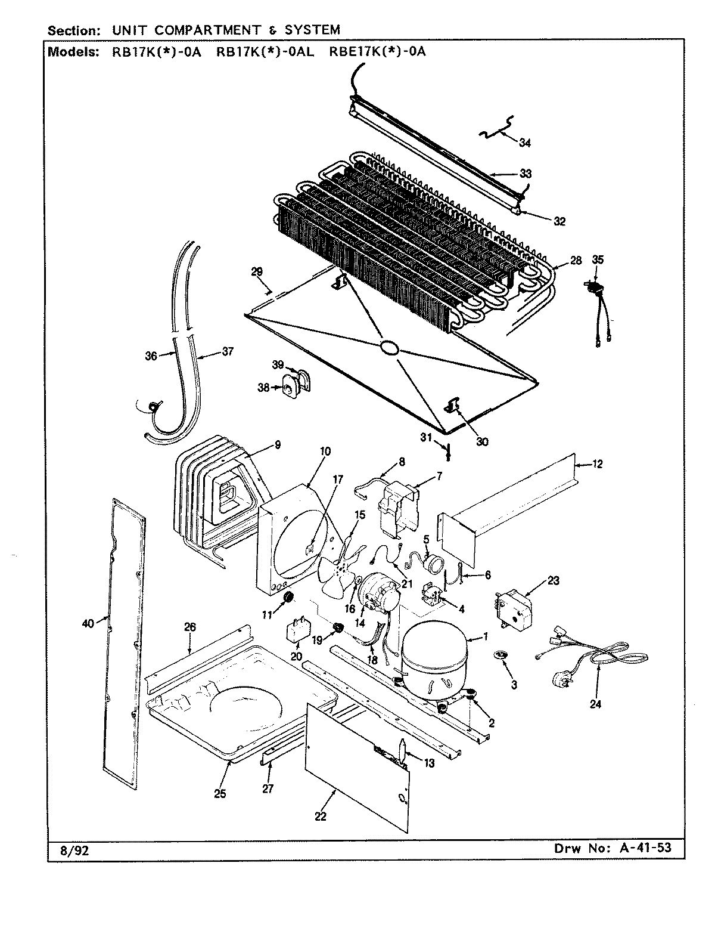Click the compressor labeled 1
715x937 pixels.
tap(434, 662)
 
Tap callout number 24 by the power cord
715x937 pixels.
tap(596, 704)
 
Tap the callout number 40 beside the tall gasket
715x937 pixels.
tap(87, 624)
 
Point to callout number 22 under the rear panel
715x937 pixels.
tap(321, 816)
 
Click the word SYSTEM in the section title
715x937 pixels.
tap(307, 29)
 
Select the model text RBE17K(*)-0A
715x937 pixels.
tap(378, 51)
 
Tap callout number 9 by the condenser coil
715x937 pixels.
tap(278, 444)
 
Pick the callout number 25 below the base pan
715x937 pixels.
tap(220, 794)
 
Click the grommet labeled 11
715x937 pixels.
tap(290, 597)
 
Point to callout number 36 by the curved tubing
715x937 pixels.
tap(151, 356)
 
